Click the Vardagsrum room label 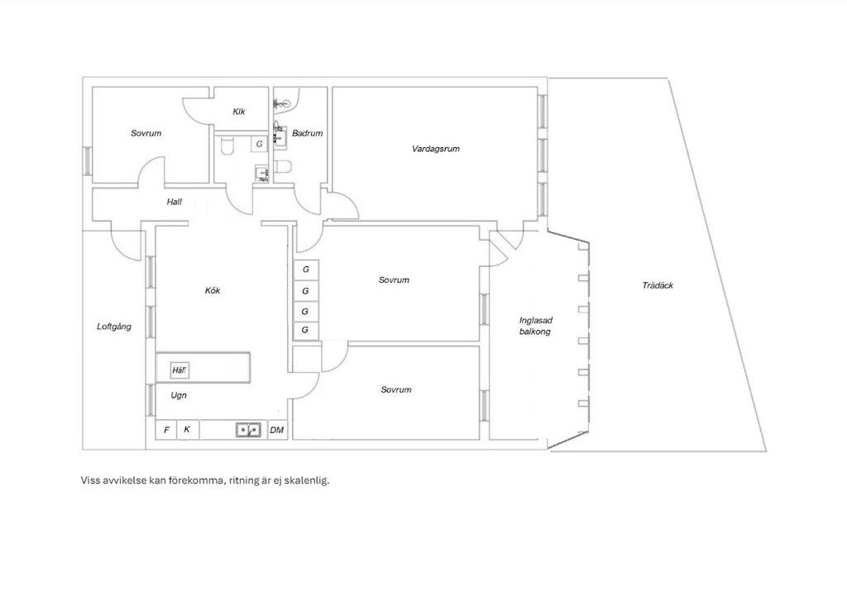(435, 149)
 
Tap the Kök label (213, 290)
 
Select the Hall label (174, 202)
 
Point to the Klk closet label (239, 112)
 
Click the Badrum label (308, 133)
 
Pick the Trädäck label (658, 285)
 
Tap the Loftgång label (114, 327)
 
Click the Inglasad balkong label (535, 326)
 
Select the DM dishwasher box (277, 430)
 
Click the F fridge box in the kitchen (166, 430)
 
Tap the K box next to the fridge (188, 430)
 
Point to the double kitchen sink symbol (248, 430)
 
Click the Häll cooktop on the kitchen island (179, 370)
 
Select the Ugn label (179, 395)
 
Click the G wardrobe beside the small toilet (259, 144)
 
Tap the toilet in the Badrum (284, 166)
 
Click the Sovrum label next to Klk (146, 133)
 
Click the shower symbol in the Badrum (281, 103)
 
